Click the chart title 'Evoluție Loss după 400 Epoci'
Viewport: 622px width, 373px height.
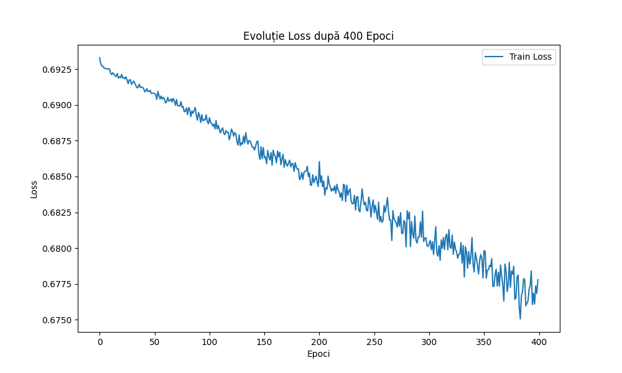click(318, 36)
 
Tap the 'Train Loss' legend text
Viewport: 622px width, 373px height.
click(531, 57)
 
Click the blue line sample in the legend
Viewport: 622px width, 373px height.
click(495, 57)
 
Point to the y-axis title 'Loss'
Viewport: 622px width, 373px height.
click(34, 188)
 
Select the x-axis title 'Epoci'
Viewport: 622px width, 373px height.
click(318, 354)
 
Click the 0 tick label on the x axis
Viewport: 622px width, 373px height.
click(100, 341)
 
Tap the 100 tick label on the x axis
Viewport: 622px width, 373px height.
click(210, 341)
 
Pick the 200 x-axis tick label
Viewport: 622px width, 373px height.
click(319, 341)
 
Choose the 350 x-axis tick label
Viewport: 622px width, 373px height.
click(484, 341)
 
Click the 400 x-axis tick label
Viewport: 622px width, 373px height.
click(539, 341)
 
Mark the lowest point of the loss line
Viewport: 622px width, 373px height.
click(520, 319)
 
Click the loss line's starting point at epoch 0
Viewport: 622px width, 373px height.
click(100, 58)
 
